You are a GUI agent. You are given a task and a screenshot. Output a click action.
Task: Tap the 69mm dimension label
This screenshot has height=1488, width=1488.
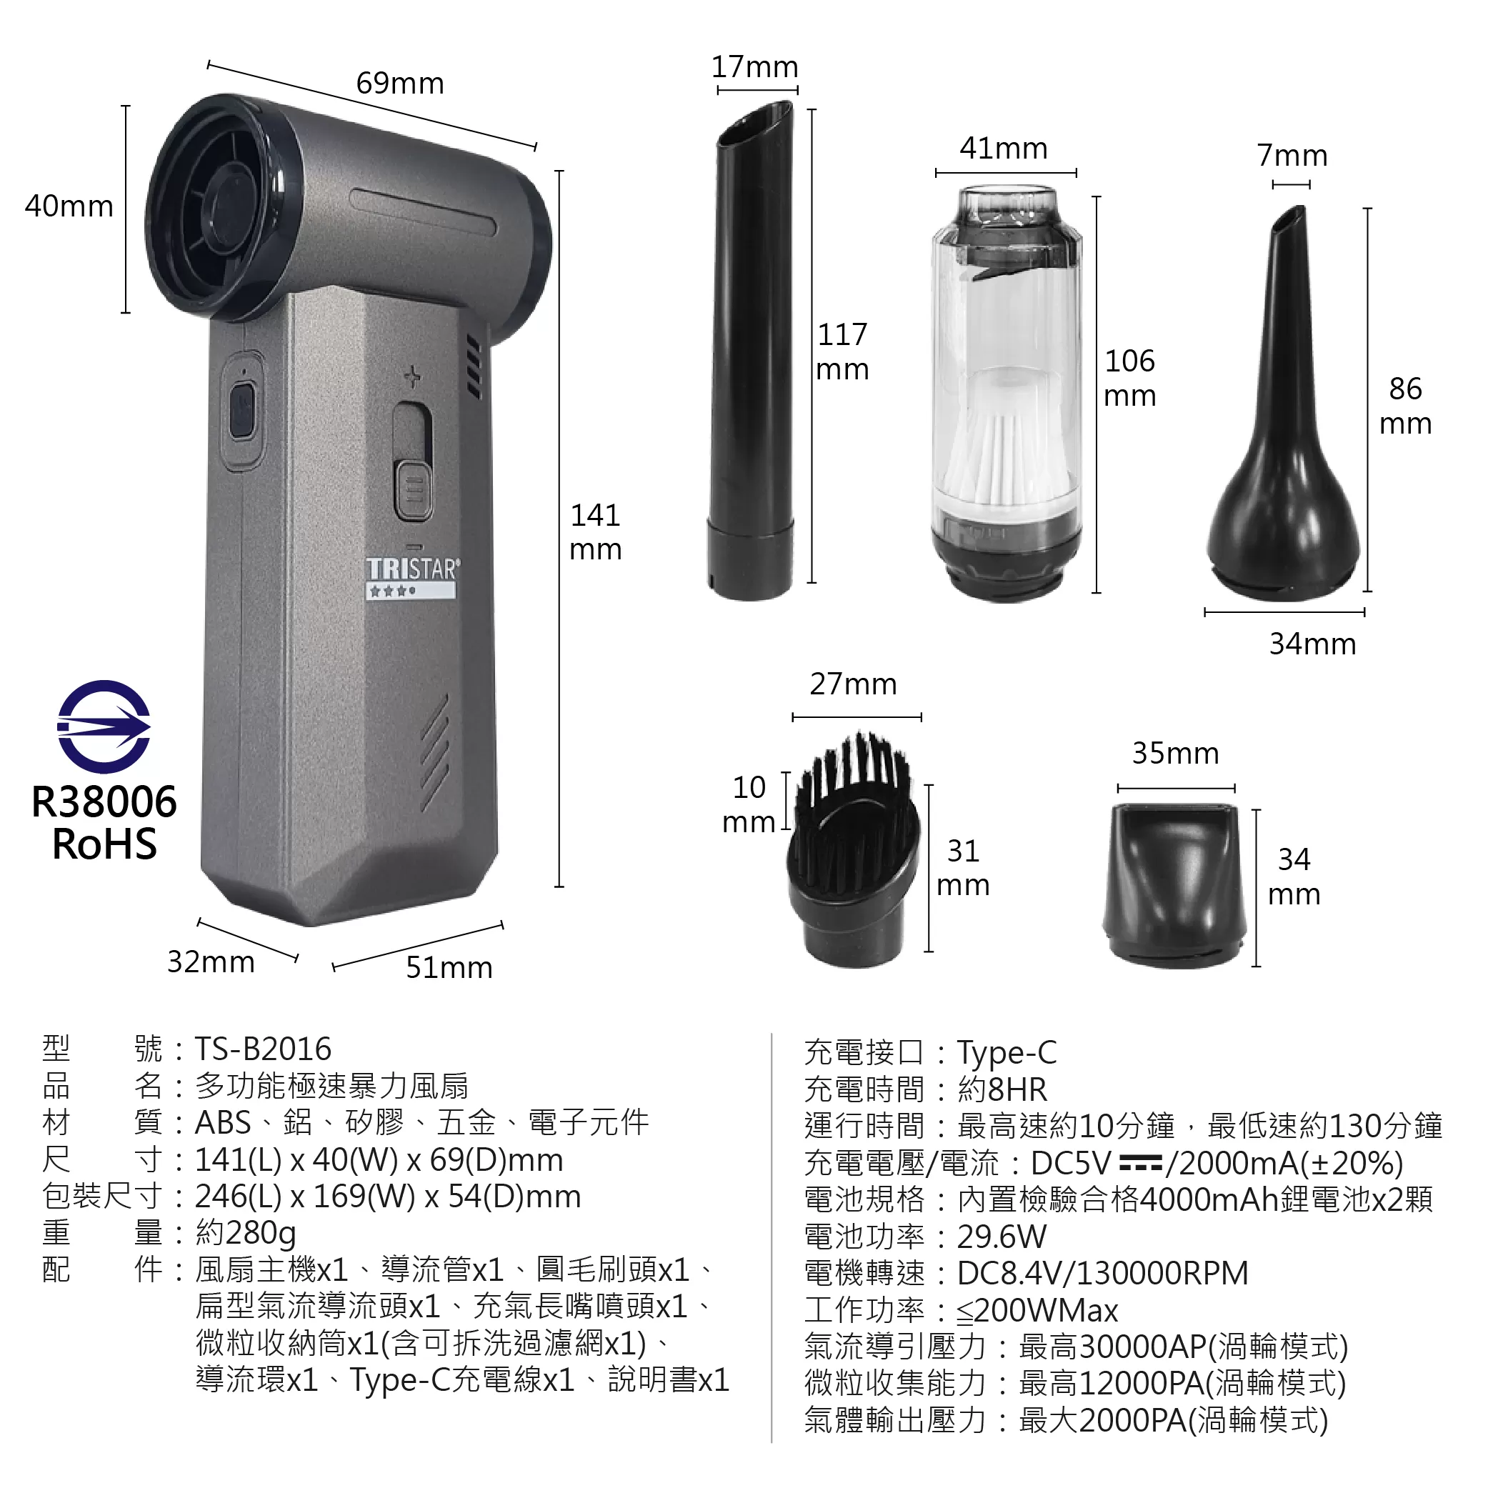click(x=400, y=83)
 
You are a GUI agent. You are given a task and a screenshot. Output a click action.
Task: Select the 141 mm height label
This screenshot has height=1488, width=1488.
click(x=595, y=532)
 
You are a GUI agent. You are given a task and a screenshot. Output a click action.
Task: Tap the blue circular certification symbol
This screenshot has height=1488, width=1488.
click(x=104, y=726)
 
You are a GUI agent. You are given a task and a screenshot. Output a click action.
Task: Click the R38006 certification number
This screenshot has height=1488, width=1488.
click(x=104, y=802)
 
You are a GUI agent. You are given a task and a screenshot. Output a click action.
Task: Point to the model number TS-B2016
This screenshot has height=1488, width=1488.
click(x=263, y=1049)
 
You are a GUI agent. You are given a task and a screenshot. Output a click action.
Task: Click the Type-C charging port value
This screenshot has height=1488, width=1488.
click(x=1007, y=1052)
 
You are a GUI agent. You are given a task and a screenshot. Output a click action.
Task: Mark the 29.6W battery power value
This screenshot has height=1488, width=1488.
click(x=1002, y=1237)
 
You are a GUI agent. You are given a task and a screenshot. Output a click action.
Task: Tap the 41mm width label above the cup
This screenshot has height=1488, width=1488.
click(x=1004, y=148)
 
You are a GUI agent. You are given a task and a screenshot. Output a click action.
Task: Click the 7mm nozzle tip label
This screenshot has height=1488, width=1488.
click(x=1292, y=156)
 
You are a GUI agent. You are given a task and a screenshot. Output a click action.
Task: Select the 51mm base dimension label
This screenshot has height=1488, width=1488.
click(x=449, y=967)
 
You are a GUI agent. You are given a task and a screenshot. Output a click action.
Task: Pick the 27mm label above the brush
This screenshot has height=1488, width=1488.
click(x=854, y=684)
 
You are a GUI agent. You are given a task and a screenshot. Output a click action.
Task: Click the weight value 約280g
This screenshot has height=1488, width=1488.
click(x=246, y=1233)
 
